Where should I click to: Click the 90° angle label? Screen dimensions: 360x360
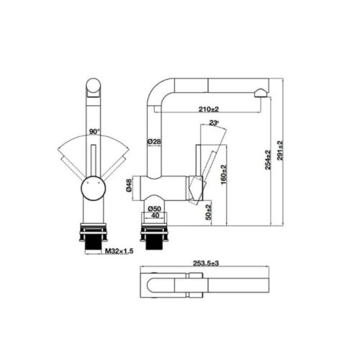[94, 132]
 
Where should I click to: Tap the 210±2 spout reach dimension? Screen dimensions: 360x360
[209, 109]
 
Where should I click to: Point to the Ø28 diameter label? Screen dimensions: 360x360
[153, 142]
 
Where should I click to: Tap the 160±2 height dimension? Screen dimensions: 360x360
[225, 173]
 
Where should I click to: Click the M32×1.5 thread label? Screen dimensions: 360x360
[118, 251]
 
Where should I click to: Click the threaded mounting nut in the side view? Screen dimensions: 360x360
[156, 238]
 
